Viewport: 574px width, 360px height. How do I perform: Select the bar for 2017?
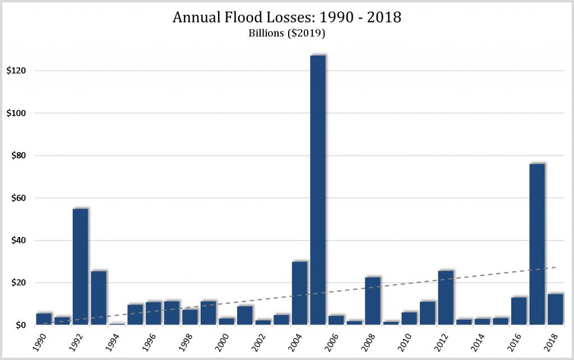point(536,244)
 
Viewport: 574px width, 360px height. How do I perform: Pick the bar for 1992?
point(80,267)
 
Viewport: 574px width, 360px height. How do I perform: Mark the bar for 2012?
point(446,298)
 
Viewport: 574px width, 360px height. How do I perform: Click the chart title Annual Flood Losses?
point(286,17)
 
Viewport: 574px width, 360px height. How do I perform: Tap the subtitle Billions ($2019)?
point(286,33)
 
